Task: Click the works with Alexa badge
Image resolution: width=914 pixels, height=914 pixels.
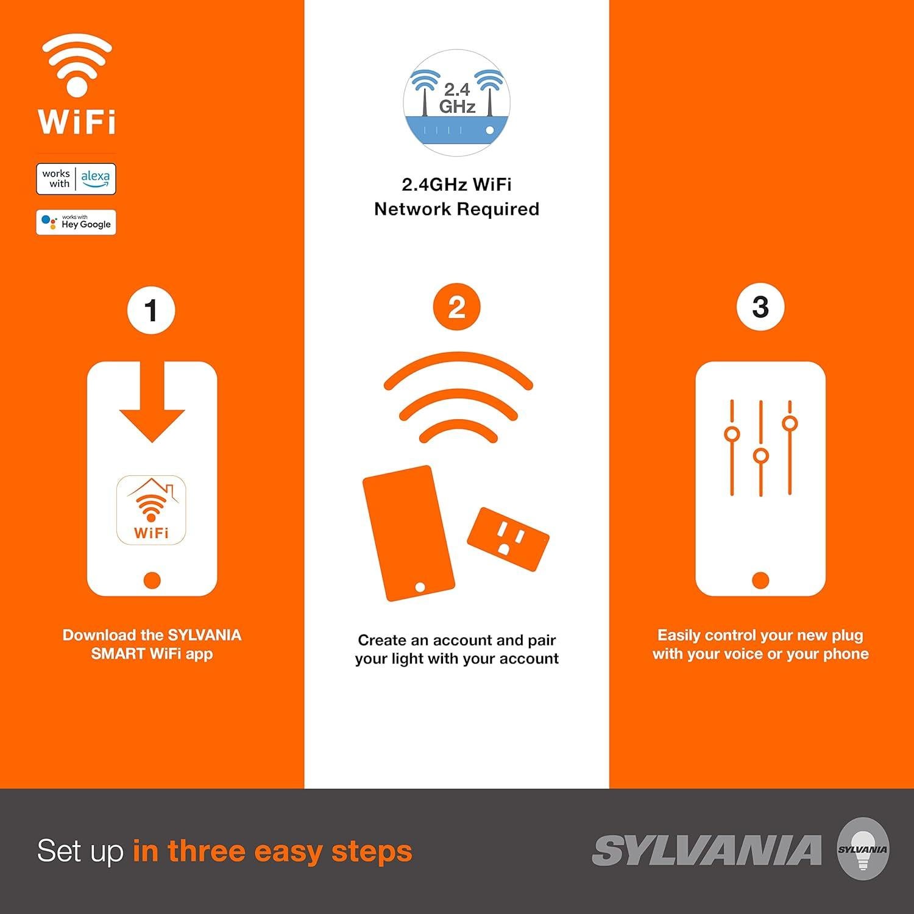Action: [76, 179]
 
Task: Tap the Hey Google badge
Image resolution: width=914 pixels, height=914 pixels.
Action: [76, 222]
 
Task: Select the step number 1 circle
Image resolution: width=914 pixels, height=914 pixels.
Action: [151, 310]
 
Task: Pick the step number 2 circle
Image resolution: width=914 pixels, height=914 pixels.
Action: [456, 308]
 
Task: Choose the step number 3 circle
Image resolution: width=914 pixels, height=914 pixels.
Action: [760, 307]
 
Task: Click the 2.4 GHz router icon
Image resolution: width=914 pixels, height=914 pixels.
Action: [456, 103]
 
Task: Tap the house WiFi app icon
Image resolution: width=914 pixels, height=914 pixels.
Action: [151, 510]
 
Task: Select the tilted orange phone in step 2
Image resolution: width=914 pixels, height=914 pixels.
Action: [408, 533]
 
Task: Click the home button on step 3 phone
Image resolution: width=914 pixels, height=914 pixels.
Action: [760, 580]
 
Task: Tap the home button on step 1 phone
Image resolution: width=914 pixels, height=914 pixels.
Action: [152, 580]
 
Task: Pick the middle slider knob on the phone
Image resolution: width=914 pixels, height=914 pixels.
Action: [760, 456]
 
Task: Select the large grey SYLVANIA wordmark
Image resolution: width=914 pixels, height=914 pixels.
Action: [707, 851]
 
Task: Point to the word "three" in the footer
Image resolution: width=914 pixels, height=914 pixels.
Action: [207, 851]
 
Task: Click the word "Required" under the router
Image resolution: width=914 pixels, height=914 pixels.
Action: [498, 209]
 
